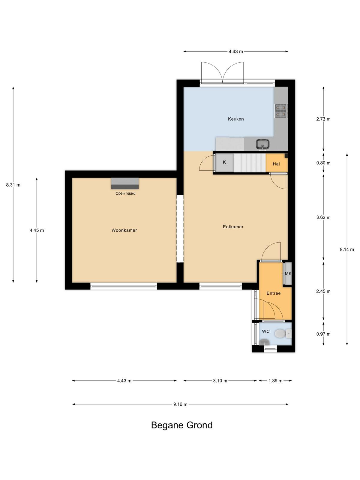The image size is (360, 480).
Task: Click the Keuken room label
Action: point(235,119)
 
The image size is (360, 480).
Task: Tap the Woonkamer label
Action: point(124,230)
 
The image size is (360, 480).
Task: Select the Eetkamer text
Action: point(233,227)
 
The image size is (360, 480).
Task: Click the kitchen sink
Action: point(262,144)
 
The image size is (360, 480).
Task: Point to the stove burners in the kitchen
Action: point(281,111)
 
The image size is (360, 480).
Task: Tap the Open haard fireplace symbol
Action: point(125,183)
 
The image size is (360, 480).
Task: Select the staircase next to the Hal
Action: point(250,163)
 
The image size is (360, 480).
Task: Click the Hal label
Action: point(276,164)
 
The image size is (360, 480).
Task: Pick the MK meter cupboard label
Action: point(288,274)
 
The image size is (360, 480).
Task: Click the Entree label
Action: point(273,293)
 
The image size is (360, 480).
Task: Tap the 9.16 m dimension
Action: point(180,404)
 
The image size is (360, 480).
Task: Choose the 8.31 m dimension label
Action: point(13,185)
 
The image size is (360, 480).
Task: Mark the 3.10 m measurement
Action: point(220,381)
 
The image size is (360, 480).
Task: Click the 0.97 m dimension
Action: point(323,334)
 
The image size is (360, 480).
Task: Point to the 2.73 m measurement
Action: point(323,119)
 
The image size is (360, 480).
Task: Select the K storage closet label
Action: point(224,162)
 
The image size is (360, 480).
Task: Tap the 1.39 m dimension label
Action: point(275,381)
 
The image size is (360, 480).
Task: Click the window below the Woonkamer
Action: point(124,286)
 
